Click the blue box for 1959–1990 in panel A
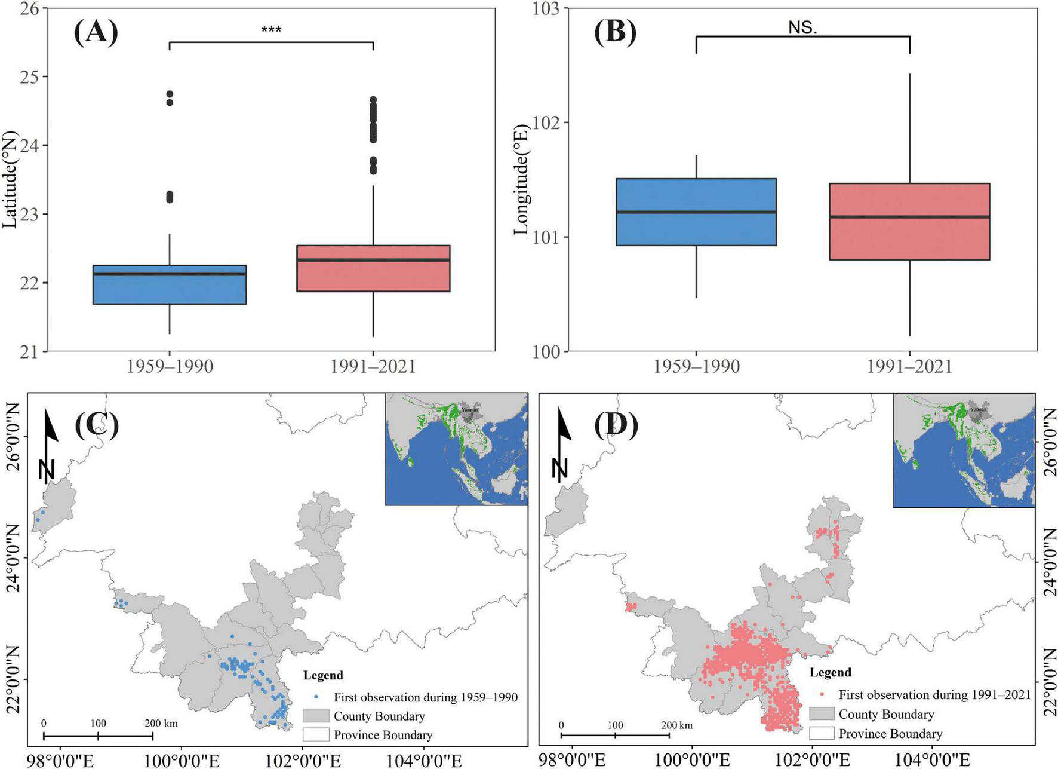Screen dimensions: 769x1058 (x=170, y=285)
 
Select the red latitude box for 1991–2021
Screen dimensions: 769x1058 (x=373, y=268)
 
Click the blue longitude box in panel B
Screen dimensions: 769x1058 (x=696, y=212)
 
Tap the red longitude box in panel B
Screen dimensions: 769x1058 (x=909, y=222)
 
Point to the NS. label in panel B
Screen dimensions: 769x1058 (x=802, y=27)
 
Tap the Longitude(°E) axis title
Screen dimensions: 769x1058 (x=522, y=180)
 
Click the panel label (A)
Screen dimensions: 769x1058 (x=96, y=32)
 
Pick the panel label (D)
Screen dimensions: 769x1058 (x=616, y=425)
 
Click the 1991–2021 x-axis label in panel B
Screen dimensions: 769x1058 (x=909, y=366)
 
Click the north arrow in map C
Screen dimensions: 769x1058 (x=50, y=445)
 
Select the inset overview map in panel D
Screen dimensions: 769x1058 (x=964, y=450)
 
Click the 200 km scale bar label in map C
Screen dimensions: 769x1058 (x=161, y=723)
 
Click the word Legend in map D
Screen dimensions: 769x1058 (x=830, y=672)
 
